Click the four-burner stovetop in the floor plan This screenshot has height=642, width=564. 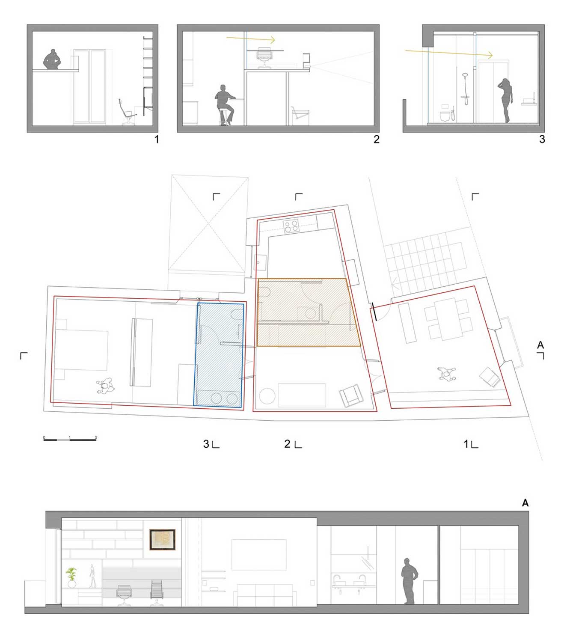291,226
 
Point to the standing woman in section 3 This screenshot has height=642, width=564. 506,101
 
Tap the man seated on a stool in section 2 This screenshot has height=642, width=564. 225,105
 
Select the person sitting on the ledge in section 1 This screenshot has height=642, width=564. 52,59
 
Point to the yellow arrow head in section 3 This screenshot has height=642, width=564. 490,55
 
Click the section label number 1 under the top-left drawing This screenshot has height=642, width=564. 156,139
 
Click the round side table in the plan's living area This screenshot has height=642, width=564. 267,396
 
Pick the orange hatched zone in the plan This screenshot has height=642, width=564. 308,312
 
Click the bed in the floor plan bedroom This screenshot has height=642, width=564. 81,350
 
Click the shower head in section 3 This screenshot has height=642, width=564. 465,75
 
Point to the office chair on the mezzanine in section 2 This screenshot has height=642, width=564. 264,57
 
